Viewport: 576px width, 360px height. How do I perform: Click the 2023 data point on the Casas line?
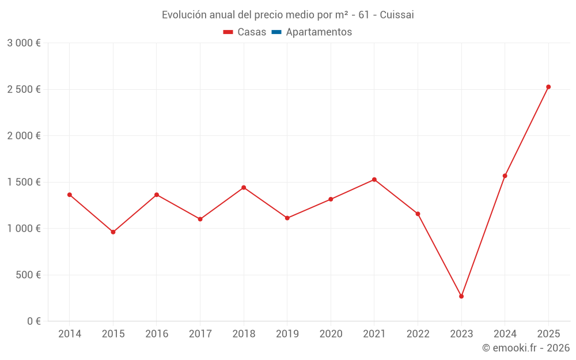pos(461,296)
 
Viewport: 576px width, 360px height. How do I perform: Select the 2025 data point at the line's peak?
pos(548,87)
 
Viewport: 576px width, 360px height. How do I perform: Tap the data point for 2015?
pos(113,232)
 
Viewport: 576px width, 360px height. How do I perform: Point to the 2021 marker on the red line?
pos(374,180)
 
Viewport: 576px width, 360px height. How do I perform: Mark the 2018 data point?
pos(244,188)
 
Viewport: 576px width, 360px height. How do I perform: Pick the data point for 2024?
pos(505,176)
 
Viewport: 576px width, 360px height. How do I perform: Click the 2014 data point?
pos(70,195)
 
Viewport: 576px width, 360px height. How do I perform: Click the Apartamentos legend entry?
pos(319,32)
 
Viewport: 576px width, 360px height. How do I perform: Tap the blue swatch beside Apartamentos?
pos(276,32)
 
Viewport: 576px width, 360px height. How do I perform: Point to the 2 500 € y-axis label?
pos(24,89)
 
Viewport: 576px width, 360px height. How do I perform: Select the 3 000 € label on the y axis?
pos(24,43)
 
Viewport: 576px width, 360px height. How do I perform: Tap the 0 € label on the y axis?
pos(33,321)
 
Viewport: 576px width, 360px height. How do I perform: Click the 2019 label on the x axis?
pos(287,334)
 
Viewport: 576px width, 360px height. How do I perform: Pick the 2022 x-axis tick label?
pos(418,334)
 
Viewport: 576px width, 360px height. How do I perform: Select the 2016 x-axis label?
pos(157,334)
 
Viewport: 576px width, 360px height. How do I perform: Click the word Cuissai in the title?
pos(397,14)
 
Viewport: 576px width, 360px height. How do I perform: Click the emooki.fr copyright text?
pos(526,348)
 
